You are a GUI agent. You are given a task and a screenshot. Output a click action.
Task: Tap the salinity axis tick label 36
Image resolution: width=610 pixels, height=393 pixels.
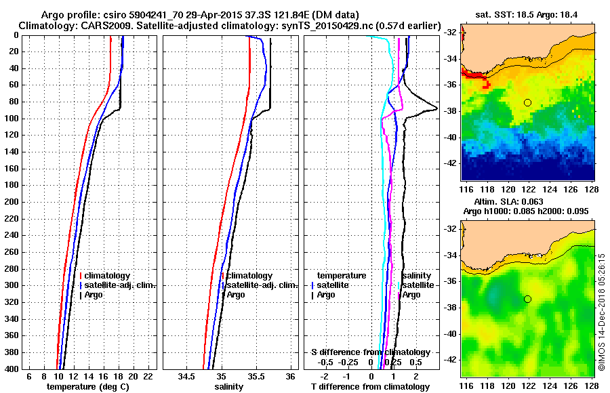coord(290,376)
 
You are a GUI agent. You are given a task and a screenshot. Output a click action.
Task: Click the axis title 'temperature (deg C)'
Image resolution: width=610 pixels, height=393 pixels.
coord(87,386)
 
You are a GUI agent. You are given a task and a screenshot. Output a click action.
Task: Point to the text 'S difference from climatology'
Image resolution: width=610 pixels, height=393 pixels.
coord(370,352)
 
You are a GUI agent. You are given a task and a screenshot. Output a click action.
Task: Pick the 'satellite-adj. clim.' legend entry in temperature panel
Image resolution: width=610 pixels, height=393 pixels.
coord(119,285)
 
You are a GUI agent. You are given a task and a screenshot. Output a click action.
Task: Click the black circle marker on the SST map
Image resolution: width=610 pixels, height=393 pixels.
coord(527,102)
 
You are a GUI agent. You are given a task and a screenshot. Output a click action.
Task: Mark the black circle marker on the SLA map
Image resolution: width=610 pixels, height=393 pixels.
coord(527,299)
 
